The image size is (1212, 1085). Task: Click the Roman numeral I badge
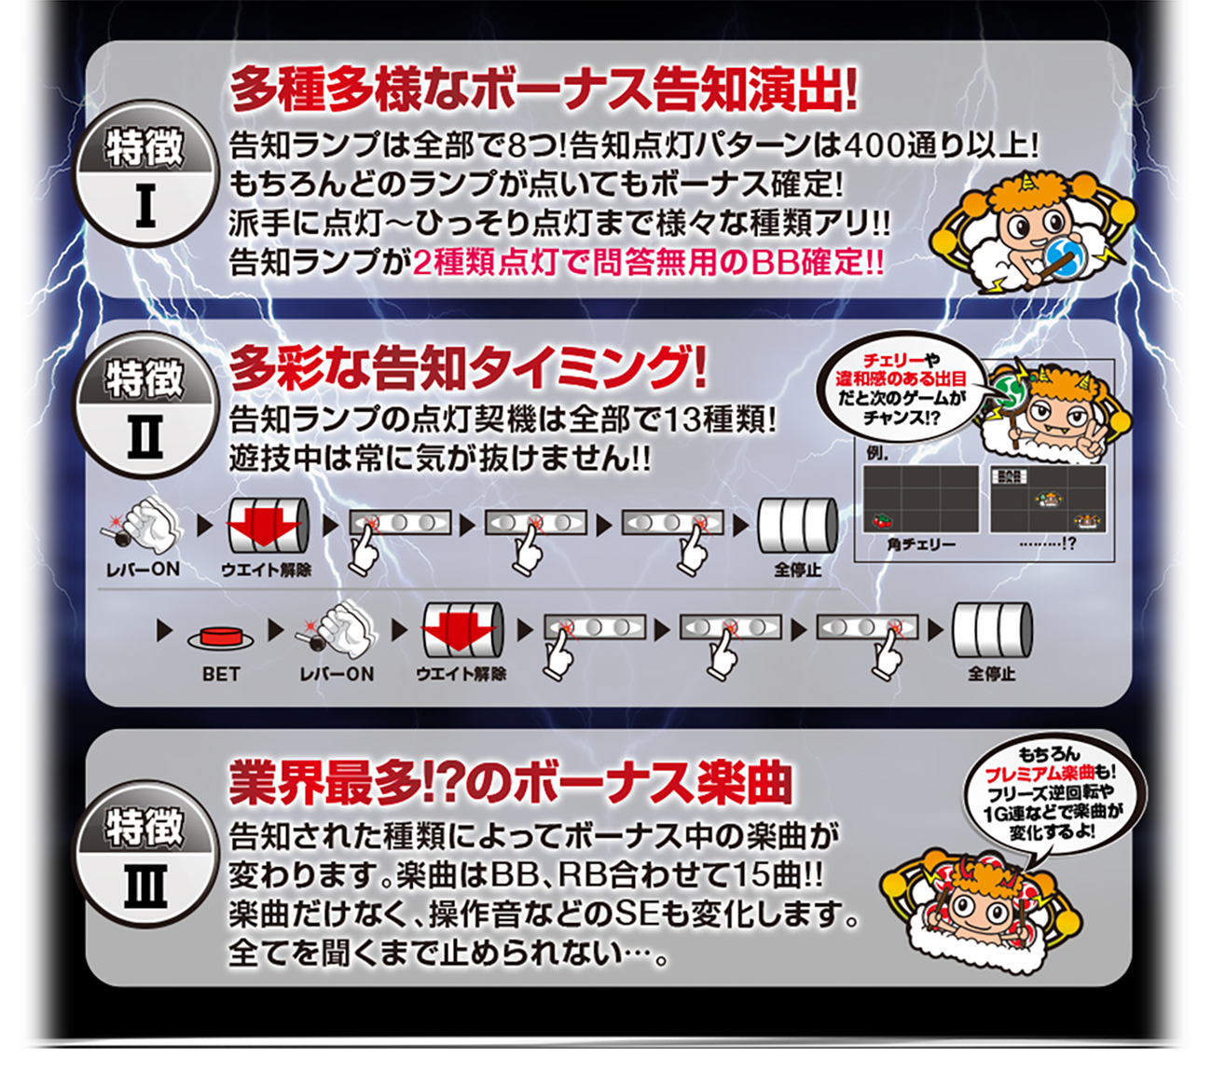pos(145,173)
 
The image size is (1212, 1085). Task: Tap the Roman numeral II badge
pos(145,405)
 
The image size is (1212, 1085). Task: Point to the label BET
pos(221,674)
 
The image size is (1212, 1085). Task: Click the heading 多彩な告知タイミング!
pos(467,369)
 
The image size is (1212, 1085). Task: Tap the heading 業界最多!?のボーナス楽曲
pos(510,782)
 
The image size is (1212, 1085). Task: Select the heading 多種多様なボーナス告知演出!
pos(544,89)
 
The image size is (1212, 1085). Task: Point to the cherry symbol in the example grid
pos(881,520)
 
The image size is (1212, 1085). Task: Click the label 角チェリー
pos(921,544)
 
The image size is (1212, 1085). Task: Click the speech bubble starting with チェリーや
pos(901,389)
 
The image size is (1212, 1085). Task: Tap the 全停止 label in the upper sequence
pos(797,570)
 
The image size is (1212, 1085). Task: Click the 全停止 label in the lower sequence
pos(991,674)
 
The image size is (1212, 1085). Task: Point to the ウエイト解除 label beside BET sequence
pos(461,674)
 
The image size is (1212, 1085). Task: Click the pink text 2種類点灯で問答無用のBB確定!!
pos(648,264)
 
